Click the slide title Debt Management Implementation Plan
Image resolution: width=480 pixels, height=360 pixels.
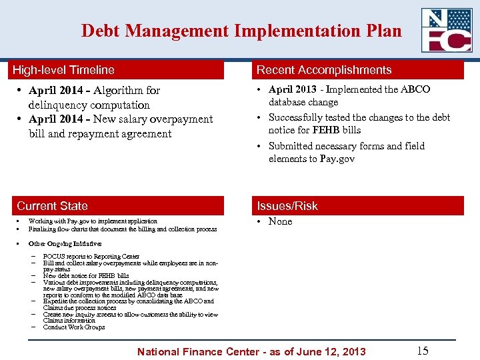coord(241,31)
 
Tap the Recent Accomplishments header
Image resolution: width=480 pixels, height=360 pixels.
coord(324,70)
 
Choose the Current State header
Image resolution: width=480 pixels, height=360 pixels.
coord(52,206)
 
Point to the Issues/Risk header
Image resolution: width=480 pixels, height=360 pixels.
coord(287,206)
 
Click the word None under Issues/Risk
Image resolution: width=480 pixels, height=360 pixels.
coord(280,221)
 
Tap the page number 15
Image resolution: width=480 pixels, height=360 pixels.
coord(422,351)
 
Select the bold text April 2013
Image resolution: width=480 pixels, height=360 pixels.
coord(291,89)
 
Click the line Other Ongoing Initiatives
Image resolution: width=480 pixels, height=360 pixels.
coord(65,244)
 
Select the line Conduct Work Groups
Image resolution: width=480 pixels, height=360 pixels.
coord(74,327)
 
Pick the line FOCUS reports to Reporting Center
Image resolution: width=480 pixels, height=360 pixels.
coord(91,257)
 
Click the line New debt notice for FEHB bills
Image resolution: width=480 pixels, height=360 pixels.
coord(86,275)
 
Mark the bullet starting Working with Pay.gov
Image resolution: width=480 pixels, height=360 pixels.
coord(93,221)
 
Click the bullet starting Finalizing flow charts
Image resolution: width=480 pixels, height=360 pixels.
coord(122,229)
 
